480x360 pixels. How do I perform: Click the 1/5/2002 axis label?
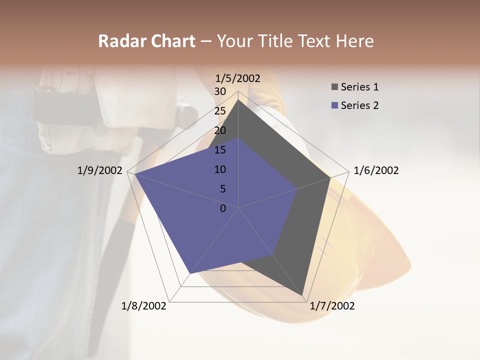(238, 78)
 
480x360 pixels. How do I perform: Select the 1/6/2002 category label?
(376, 170)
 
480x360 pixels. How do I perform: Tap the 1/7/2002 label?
(332, 306)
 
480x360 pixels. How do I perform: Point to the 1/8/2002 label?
(144, 306)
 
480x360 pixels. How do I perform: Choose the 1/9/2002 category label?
(99, 170)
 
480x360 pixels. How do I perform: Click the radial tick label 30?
(220, 91)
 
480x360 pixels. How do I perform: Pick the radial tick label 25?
(220, 111)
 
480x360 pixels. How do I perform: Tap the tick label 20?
(220, 130)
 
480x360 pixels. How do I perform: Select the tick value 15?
(220, 150)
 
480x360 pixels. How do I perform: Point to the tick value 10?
(220, 169)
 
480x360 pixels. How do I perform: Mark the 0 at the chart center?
(223, 208)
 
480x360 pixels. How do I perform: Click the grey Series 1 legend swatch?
(334, 87)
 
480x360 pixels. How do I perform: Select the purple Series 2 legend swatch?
(334, 105)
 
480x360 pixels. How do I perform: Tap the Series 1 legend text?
(359, 87)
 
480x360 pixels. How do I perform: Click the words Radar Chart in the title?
(146, 41)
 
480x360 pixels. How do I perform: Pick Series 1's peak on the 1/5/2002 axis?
(238, 100)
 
